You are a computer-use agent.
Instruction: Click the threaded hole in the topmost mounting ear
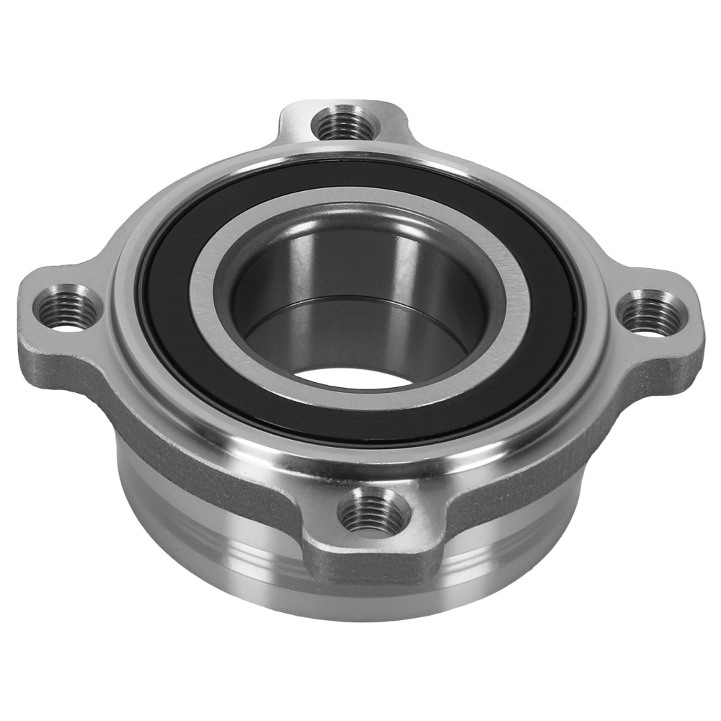coord(345,124)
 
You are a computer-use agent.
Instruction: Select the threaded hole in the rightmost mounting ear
coord(650,311)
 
